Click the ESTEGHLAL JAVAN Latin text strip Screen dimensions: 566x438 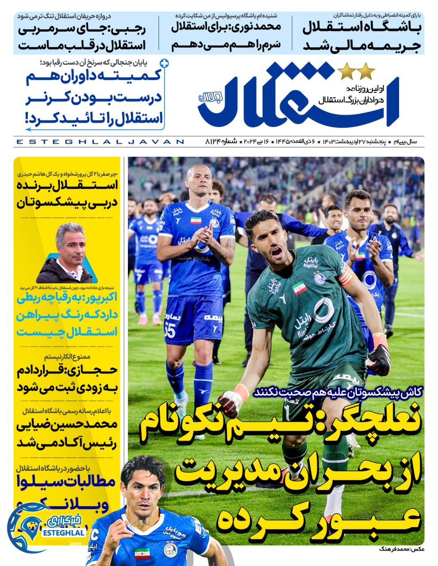point(99,142)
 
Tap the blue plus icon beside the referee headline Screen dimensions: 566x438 point(165,63)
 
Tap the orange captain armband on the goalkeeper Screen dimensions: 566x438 point(346,276)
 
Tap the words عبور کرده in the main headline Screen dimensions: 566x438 point(319,517)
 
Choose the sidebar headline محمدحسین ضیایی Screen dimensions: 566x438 point(66,434)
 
